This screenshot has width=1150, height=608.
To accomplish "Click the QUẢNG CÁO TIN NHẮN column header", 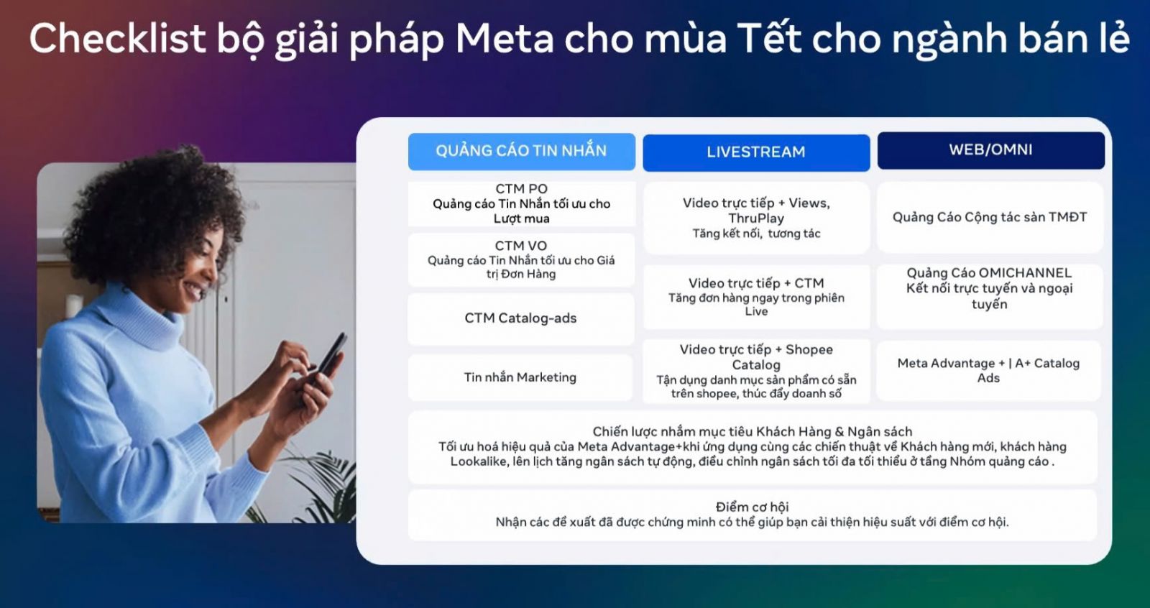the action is coord(522,152).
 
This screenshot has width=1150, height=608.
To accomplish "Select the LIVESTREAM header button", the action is coord(756,152).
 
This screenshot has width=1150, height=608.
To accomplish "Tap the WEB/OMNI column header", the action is coord(991,150).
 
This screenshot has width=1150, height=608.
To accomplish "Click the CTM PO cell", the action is coord(522,204).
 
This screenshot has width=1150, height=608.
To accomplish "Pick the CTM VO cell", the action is coord(521,260).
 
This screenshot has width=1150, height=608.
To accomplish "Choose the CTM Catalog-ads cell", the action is coord(520,318).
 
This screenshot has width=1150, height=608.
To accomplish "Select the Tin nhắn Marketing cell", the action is coord(520,377).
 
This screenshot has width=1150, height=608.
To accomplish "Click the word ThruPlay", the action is coord(756,218).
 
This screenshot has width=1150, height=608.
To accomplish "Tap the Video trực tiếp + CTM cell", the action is coord(756,297).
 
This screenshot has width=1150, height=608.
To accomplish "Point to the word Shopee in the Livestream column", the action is coord(809,350).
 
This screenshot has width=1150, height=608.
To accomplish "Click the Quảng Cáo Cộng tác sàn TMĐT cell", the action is coord(990,217).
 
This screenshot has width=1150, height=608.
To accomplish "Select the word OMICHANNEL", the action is coord(1020,272).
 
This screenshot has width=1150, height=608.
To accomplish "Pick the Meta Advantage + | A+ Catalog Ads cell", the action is coord(989,370).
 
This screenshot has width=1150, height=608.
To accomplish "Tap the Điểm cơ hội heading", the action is coord(752,507).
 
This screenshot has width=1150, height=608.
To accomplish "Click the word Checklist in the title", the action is coord(118,39).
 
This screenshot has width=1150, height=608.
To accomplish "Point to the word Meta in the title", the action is coord(505,39).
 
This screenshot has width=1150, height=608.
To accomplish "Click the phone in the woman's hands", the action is coord(331,355).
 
